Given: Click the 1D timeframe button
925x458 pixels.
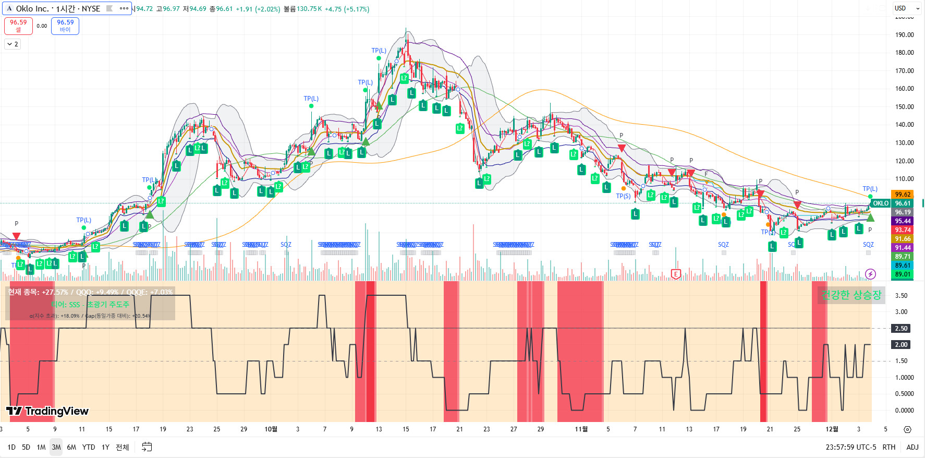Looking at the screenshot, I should click(x=11, y=447).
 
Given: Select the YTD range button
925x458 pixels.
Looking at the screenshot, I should click(x=89, y=447).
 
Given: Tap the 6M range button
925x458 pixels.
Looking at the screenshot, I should click(x=71, y=447).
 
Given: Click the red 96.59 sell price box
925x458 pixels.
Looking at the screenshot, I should click(x=18, y=26).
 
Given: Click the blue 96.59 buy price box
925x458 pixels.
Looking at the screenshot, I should click(x=65, y=26).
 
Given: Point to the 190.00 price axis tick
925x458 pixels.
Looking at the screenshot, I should click(x=904, y=35).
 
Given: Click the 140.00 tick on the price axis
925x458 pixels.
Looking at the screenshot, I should click(x=904, y=125).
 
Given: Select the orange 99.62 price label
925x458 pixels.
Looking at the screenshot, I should click(x=902, y=195).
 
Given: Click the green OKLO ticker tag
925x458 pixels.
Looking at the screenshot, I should click(x=881, y=203).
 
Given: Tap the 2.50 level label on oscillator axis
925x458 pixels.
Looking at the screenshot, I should click(x=901, y=329).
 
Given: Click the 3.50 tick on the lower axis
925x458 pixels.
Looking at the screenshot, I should click(x=901, y=296).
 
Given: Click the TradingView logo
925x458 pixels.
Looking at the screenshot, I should click(x=48, y=411).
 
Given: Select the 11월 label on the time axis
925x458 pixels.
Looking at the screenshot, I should click(x=581, y=429).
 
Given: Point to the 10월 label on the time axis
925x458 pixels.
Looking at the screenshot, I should click(x=271, y=429).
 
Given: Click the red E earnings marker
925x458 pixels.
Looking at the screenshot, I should click(x=676, y=274).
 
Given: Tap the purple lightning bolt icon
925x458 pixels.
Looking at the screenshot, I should click(x=870, y=274).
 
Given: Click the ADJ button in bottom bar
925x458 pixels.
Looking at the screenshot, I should click(x=912, y=447).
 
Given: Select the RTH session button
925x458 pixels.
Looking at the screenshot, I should click(x=889, y=447).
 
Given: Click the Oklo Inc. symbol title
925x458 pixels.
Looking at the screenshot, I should click(x=57, y=8).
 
